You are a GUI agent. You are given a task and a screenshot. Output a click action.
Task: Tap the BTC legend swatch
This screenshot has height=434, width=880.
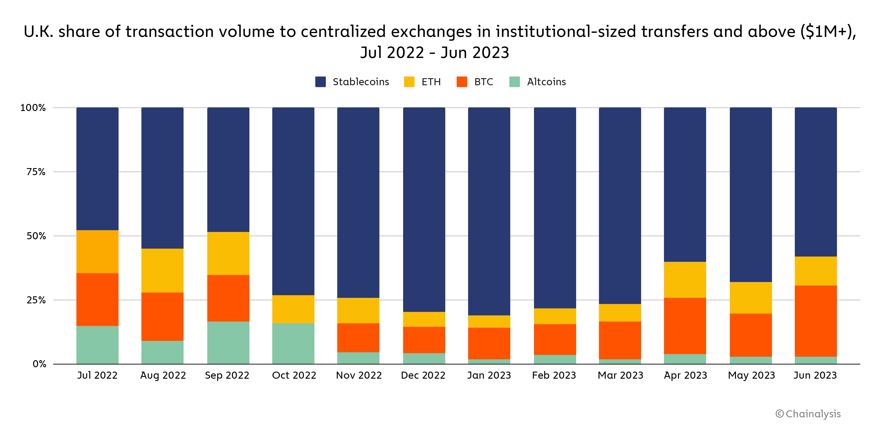[462, 82]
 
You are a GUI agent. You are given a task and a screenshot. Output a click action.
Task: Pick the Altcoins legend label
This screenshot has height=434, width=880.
[546, 82]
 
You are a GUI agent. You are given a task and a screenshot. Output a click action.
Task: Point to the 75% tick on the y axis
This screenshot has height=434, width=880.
[36, 172]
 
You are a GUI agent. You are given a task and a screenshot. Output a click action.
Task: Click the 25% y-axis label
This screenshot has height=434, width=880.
[36, 300]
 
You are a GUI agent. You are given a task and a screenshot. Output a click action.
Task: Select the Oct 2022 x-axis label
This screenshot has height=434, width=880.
[294, 375]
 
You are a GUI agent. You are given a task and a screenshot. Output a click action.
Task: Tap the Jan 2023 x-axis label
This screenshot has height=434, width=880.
[489, 375]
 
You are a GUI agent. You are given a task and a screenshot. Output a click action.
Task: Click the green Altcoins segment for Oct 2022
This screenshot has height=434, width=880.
[293, 343]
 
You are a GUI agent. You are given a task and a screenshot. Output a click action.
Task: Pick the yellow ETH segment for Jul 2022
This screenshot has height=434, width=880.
[97, 252]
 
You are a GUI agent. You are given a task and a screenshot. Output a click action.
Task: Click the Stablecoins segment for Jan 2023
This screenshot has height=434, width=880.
[489, 211]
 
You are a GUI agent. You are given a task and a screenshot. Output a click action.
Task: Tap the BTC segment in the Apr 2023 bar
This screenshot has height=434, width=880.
[685, 326]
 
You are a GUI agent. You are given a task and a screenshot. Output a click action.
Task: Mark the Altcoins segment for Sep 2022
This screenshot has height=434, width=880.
[228, 342]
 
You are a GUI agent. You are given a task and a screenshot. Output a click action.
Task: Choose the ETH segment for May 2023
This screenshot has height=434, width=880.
[751, 298]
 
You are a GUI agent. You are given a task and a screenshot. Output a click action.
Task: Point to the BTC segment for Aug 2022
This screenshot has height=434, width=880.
[162, 317]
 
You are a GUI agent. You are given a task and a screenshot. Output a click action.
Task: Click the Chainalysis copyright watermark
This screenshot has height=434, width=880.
[808, 414]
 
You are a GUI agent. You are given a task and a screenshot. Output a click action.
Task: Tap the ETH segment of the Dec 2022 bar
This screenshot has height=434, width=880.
[424, 319]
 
